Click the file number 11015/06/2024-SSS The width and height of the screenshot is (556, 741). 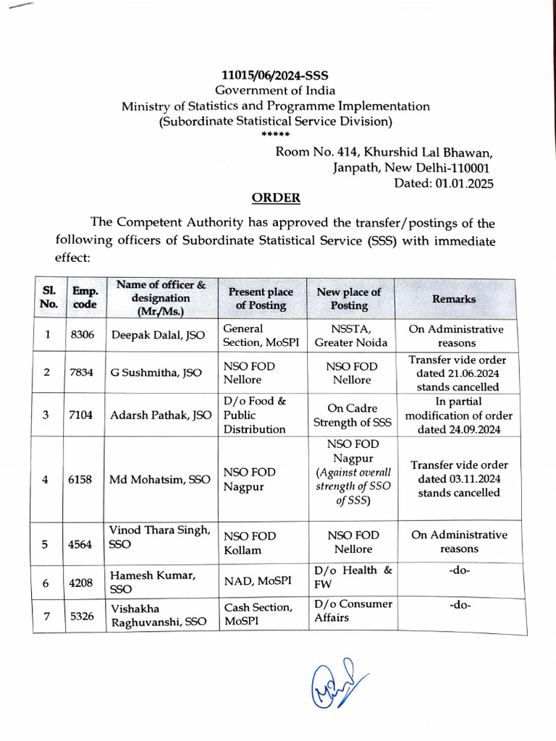click(x=275, y=75)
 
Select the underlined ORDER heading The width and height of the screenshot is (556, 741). click(x=275, y=198)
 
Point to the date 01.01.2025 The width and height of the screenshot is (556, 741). click(x=464, y=183)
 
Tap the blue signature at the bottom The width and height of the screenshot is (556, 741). click(x=337, y=685)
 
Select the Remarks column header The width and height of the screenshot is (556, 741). click(x=454, y=299)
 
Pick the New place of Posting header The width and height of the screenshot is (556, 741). click(x=349, y=299)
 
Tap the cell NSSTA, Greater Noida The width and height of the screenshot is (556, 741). click(x=351, y=336)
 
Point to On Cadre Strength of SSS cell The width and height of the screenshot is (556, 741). click(x=351, y=415)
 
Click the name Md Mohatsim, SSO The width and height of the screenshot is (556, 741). click(x=160, y=479)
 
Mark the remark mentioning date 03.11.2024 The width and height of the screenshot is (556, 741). click(x=459, y=479)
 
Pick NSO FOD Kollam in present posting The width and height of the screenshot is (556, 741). click(x=249, y=543)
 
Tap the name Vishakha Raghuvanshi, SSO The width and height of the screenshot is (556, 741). click(x=158, y=616)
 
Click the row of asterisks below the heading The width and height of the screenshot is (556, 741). click(x=275, y=135)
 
